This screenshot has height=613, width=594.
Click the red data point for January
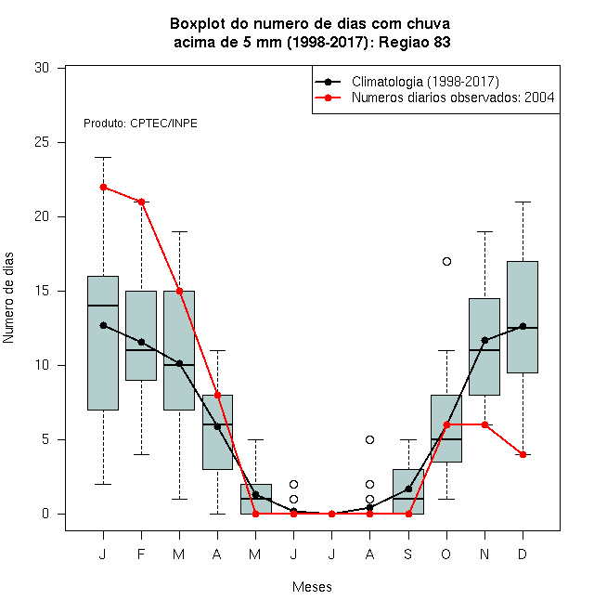104,188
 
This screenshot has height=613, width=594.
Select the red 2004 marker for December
523,455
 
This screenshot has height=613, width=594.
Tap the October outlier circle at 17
447,262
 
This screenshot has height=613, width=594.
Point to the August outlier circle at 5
369,440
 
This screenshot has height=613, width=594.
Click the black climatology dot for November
485,341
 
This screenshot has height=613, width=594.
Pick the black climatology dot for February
141,342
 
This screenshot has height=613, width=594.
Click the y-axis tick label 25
42,142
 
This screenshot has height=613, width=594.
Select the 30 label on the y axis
42,68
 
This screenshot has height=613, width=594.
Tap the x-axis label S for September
408,554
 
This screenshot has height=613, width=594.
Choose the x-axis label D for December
523,554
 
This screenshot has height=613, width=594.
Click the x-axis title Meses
312,587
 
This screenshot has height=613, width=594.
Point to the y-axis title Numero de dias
8,298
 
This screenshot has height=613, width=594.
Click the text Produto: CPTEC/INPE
140,124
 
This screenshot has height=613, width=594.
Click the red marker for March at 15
180,292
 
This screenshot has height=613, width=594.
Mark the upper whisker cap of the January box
104,158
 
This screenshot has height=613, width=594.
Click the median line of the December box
523,328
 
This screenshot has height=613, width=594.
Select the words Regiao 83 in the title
415,42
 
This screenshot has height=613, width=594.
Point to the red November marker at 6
485,425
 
